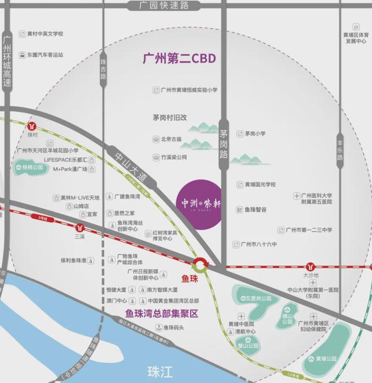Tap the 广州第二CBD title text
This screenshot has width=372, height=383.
point(180,59)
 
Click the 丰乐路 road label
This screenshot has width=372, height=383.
point(339,148)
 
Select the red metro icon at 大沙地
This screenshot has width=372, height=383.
point(310,266)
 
